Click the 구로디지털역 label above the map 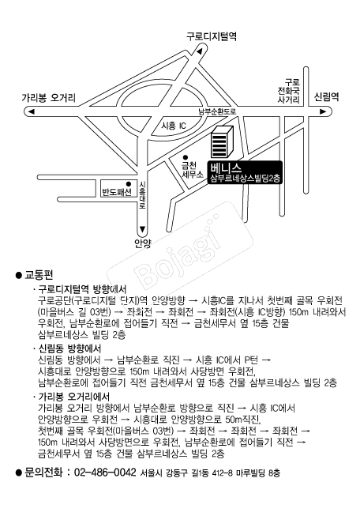click(212, 36)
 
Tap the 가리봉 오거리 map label click(49, 98)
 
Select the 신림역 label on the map click(327, 96)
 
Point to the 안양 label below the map click(142, 243)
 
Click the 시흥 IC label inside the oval click(174, 126)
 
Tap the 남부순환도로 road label click(217, 111)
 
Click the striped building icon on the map click(222, 141)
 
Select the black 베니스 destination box click(245, 172)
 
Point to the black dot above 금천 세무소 click(186, 157)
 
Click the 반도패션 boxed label click(117, 189)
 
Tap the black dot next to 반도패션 click(129, 183)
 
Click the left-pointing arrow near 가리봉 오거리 click(32, 111)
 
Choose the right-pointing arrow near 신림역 click(323, 111)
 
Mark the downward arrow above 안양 click(142, 229)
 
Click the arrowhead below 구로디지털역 click(199, 51)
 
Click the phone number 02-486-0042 click(105, 473)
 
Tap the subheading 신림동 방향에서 click(69, 348)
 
